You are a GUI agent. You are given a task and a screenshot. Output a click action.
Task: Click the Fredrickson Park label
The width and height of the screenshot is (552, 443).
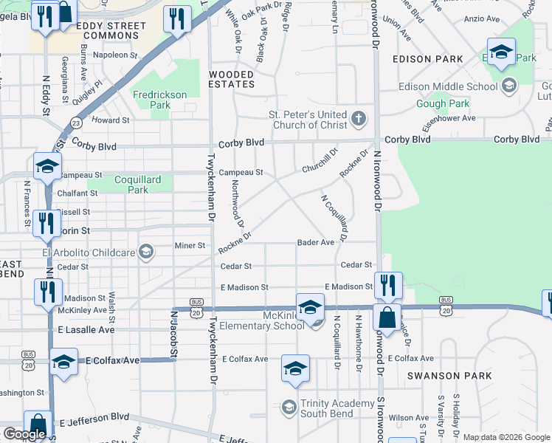[160, 100]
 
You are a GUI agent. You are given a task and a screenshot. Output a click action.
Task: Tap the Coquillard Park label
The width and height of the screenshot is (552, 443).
[131, 185]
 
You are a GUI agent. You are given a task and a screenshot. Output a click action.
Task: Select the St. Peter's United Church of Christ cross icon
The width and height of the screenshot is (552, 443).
[359, 118]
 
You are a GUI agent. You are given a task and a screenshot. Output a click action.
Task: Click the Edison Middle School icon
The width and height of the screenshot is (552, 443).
[509, 86]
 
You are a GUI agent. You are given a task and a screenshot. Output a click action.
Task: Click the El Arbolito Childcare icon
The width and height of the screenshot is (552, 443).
[145, 253]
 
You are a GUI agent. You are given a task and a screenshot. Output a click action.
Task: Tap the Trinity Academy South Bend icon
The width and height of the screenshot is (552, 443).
[289, 407]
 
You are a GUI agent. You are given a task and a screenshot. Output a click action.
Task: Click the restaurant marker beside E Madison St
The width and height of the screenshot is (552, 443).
[387, 285]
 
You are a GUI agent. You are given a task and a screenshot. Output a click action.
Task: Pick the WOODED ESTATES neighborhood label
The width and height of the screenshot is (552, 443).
[232, 79]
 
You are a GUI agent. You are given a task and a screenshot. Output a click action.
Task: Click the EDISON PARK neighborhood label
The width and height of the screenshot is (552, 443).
[428, 59]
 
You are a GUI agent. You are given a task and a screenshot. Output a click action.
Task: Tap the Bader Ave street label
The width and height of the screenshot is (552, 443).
[316, 242]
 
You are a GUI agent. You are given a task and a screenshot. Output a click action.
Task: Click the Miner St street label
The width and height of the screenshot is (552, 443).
[189, 245]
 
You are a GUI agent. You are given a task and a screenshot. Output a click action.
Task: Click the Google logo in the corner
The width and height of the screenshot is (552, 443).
[24, 434]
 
